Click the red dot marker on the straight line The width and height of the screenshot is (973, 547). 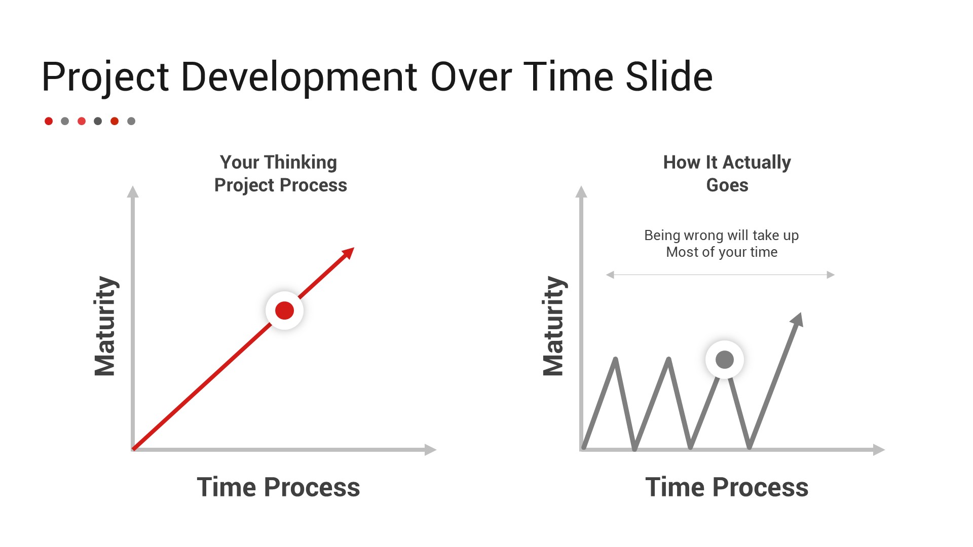[284, 310]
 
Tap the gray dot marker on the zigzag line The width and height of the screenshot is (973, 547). [725, 360]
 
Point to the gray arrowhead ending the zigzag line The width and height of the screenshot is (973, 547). [798, 320]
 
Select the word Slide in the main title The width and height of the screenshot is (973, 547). [669, 76]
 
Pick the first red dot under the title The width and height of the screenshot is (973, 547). [49, 121]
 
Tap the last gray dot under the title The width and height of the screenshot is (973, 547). [131, 121]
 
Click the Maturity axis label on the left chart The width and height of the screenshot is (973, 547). [105, 326]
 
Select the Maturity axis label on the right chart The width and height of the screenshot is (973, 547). [554, 326]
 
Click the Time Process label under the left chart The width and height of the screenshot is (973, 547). [278, 487]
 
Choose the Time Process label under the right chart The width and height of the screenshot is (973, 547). [727, 487]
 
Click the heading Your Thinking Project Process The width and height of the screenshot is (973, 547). [280, 174]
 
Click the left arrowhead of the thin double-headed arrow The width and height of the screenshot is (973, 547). [610, 275]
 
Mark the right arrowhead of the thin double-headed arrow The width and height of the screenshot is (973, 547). [831, 275]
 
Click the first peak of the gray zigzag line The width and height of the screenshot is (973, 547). [615, 359]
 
